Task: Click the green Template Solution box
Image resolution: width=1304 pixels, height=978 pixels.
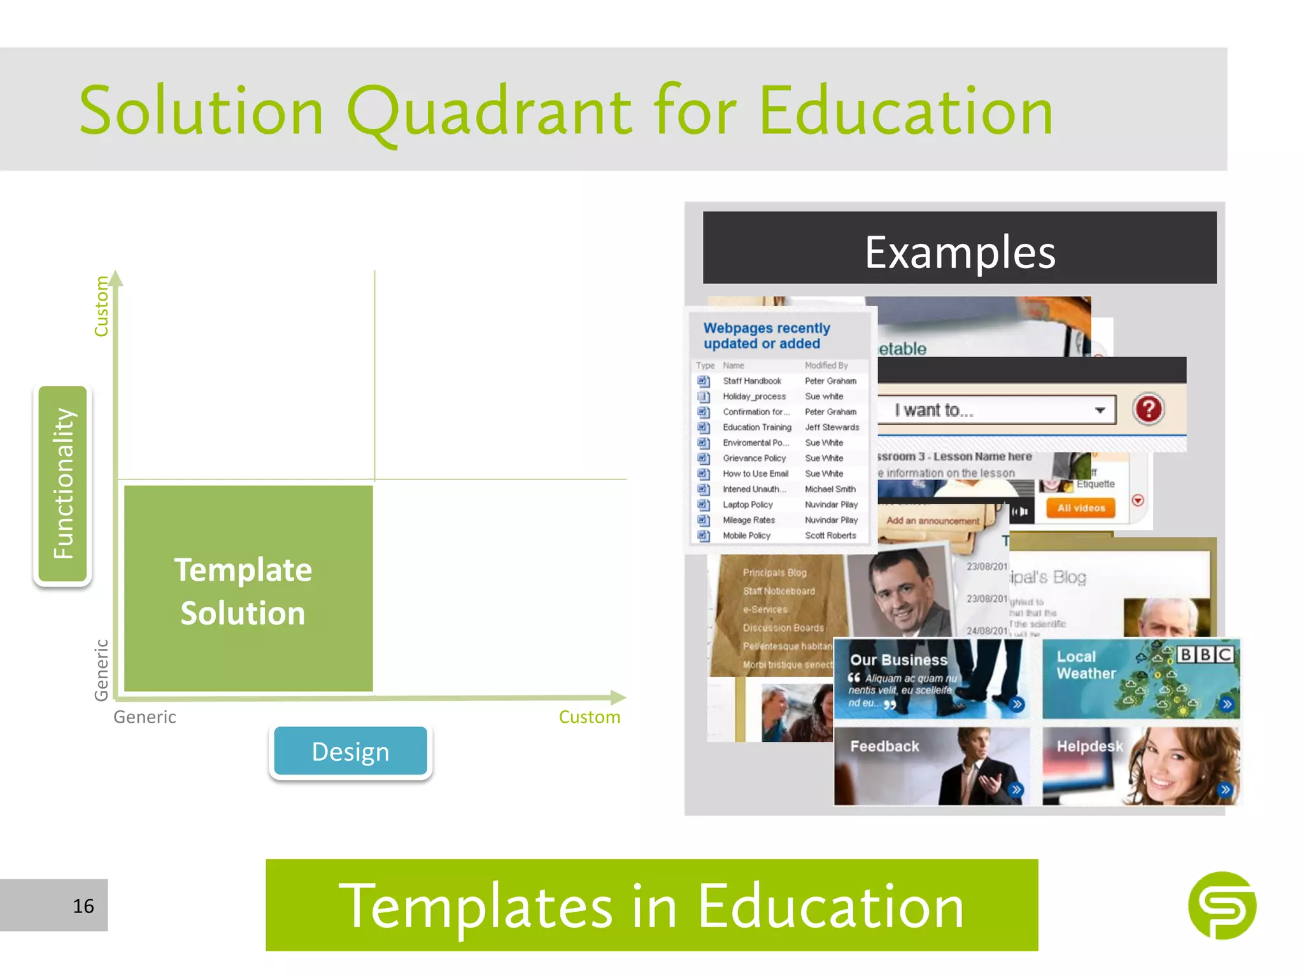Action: (248, 589)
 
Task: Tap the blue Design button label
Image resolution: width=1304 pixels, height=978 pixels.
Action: (350, 752)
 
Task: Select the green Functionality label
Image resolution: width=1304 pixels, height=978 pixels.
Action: (62, 484)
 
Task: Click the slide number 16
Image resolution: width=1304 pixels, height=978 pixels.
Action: (83, 906)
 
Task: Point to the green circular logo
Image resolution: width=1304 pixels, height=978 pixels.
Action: (1221, 905)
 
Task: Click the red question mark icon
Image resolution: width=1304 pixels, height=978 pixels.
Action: (1148, 409)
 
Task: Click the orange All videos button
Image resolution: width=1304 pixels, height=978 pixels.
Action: (1081, 508)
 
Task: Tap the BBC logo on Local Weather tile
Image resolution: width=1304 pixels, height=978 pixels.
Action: (1205, 655)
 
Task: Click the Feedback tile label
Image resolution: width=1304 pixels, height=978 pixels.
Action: (884, 746)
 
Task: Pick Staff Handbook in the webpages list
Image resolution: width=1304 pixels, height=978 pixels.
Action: (752, 381)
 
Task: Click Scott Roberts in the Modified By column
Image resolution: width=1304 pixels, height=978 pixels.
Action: (830, 535)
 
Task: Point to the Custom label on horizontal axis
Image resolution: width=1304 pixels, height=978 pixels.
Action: (589, 717)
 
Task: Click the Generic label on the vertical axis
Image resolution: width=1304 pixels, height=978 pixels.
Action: (101, 670)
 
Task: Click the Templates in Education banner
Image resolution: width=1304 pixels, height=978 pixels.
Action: (651, 905)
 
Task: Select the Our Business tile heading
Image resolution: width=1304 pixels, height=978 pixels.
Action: (898, 660)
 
